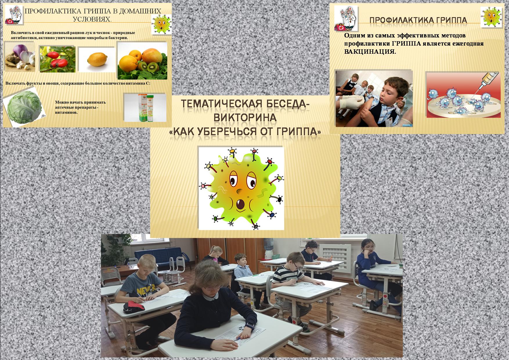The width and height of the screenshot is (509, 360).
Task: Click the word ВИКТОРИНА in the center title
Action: coord(245,118)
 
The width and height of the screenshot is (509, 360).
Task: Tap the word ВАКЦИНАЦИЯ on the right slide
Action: coord(370,52)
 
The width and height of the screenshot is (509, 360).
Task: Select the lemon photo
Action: coord(97,60)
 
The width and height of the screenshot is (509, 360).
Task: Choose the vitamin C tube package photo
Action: coord(145,107)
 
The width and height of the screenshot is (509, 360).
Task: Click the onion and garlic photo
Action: coord(20,57)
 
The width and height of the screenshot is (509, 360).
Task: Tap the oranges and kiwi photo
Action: coord(142,61)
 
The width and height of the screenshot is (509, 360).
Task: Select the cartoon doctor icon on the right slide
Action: coord(346,18)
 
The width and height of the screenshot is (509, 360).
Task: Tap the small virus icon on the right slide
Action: coord(491,17)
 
